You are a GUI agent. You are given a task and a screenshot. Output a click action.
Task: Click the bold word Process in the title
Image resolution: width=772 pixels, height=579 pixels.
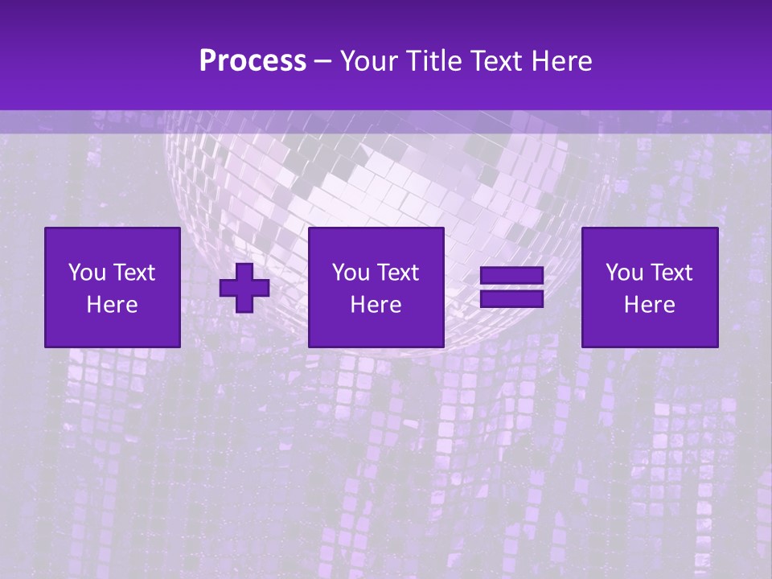[x=253, y=60]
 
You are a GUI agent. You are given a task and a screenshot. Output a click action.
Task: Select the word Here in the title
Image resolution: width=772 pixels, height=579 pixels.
[x=562, y=60]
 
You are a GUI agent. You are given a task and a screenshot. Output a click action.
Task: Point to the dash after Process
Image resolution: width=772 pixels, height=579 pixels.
[x=323, y=62]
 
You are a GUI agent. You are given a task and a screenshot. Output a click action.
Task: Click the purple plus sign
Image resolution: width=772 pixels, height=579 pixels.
[x=244, y=287]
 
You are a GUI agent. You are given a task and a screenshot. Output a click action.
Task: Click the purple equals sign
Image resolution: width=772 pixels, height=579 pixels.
[x=511, y=287]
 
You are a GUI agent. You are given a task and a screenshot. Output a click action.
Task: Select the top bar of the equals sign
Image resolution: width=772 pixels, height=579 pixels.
[x=511, y=276]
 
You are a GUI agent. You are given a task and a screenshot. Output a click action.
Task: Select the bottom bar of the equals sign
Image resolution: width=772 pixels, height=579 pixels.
[x=511, y=299]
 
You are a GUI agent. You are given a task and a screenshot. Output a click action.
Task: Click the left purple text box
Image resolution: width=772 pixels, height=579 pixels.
[x=113, y=287]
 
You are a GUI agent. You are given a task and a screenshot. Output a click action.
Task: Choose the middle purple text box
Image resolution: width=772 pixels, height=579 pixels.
[x=376, y=287]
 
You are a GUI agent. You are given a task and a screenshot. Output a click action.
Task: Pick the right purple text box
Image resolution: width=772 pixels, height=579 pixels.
[x=650, y=287]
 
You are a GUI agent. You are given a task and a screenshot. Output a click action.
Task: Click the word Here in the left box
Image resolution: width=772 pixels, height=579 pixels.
[x=113, y=305]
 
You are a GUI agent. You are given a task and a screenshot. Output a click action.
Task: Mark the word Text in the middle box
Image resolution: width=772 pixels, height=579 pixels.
[x=399, y=273]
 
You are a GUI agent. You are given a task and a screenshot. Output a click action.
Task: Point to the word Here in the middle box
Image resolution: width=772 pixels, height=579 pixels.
[x=376, y=305]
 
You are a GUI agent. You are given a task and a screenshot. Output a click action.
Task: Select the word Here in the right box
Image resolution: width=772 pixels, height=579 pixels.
[x=650, y=305]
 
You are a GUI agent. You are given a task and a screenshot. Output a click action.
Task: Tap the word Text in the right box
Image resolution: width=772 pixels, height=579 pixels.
[x=672, y=273]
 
